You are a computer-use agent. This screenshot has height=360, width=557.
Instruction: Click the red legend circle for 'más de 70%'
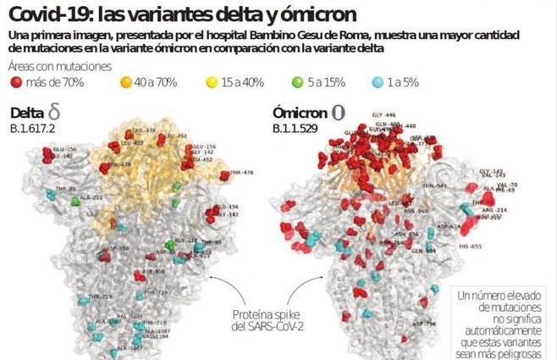(x=16, y=84)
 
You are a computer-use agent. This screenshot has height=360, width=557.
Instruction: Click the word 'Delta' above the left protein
(x=29, y=114)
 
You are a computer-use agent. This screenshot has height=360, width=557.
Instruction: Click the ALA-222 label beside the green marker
(x=91, y=197)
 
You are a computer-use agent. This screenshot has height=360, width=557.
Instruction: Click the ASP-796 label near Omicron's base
(x=424, y=323)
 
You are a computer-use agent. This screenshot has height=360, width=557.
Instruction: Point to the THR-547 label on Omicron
(x=436, y=185)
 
